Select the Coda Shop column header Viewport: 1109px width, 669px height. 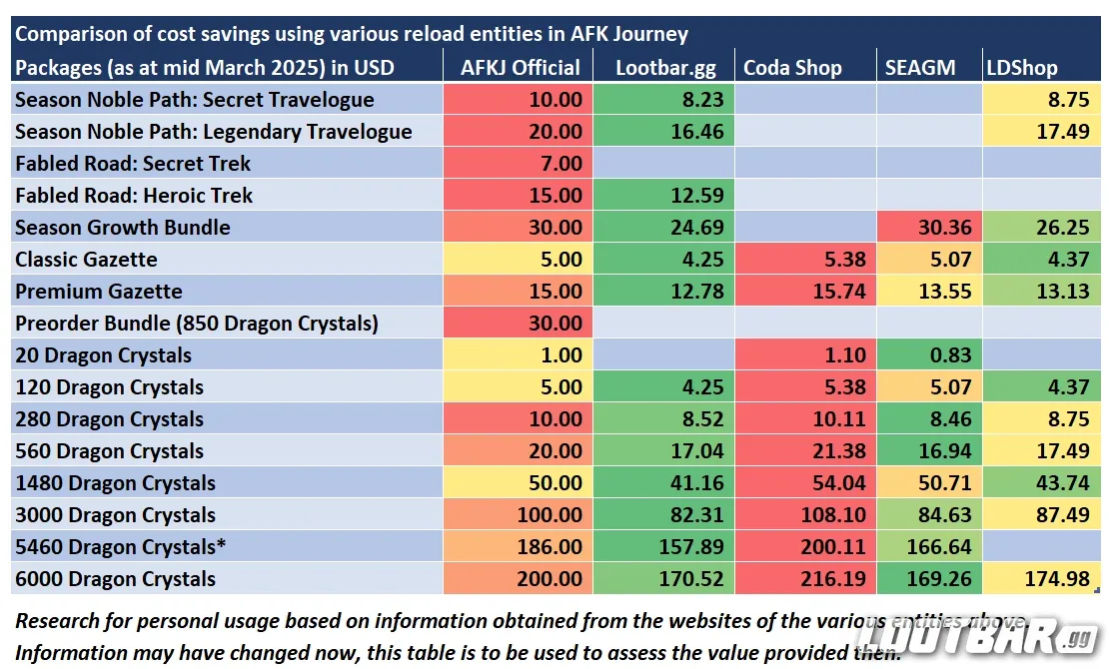click(x=792, y=68)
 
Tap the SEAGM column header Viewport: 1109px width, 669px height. click(x=920, y=68)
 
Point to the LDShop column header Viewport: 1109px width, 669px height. click(x=1023, y=68)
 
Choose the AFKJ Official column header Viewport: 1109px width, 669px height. click(x=520, y=68)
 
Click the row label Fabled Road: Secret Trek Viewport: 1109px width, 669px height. click(x=133, y=164)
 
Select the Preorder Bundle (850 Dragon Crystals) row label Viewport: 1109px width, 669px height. click(x=196, y=324)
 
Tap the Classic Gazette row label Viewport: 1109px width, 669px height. click(x=86, y=260)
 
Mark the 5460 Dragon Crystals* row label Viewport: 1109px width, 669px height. click(x=116, y=547)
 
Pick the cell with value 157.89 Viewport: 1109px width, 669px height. click(x=679, y=547)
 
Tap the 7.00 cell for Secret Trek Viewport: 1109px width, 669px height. click(x=562, y=164)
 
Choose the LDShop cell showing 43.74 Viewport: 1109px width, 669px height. click(x=1061, y=483)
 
